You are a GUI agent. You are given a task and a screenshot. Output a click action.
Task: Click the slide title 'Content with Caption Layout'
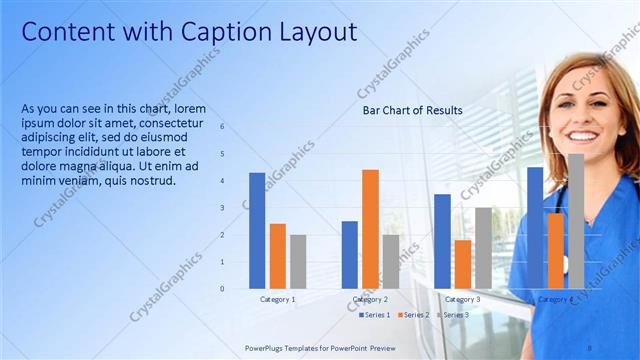[x=189, y=32]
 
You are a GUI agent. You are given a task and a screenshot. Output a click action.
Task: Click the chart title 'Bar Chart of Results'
[x=412, y=110]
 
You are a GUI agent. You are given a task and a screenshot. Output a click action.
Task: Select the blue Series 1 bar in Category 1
[x=257, y=230]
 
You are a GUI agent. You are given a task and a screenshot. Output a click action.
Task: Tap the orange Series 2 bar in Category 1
[x=277, y=256]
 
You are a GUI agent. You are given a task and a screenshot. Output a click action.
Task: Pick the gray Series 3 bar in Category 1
[x=298, y=261]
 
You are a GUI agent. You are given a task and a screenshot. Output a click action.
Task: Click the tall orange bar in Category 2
[x=370, y=229]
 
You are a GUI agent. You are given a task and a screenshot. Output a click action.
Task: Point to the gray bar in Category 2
[x=390, y=261]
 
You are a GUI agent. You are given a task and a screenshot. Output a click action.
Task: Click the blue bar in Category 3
[x=442, y=241]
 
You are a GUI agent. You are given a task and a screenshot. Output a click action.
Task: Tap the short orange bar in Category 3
[x=462, y=264]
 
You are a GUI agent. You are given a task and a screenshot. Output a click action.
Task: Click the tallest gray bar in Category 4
[x=575, y=220]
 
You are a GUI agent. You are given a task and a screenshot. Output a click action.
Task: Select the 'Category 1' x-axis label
[x=277, y=299]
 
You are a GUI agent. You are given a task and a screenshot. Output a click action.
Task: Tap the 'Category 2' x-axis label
[x=370, y=299]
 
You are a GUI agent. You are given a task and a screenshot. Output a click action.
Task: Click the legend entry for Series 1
[x=374, y=315]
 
